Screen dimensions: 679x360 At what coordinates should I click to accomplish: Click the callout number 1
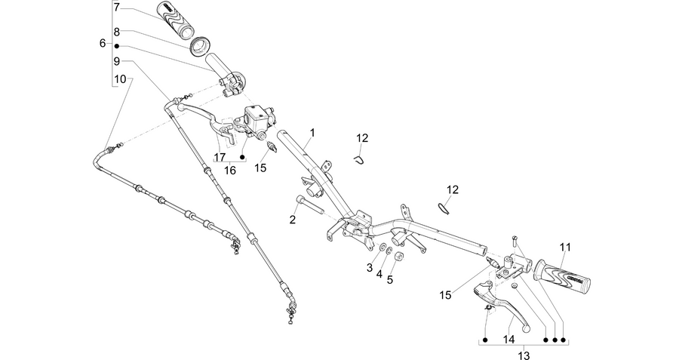click(x=312, y=133)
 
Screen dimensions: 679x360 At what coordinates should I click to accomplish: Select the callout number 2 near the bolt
click(x=293, y=220)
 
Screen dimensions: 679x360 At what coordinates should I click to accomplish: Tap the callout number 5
click(x=390, y=279)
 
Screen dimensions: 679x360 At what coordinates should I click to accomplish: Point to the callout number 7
click(x=116, y=8)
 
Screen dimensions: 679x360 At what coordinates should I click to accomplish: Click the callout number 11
click(x=564, y=248)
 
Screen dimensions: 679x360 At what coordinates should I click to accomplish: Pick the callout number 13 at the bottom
click(x=524, y=355)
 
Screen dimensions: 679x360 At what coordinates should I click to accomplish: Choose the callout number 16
click(x=230, y=171)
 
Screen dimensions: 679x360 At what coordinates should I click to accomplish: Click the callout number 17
click(x=220, y=157)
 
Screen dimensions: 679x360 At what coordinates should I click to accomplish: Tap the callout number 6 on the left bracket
click(x=103, y=43)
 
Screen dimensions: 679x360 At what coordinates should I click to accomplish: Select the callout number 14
click(x=509, y=339)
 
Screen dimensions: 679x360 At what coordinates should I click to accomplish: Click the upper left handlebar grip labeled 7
click(x=176, y=20)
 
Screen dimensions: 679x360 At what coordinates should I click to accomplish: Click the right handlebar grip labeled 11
click(x=563, y=277)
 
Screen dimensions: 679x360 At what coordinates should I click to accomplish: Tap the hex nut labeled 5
click(x=398, y=257)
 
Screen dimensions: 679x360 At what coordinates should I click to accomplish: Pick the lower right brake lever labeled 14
click(x=502, y=303)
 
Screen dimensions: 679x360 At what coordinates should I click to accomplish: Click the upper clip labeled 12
click(x=358, y=159)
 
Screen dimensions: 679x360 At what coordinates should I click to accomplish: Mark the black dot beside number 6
click(x=116, y=45)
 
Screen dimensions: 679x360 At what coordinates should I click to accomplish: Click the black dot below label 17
click(x=242, y=157)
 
